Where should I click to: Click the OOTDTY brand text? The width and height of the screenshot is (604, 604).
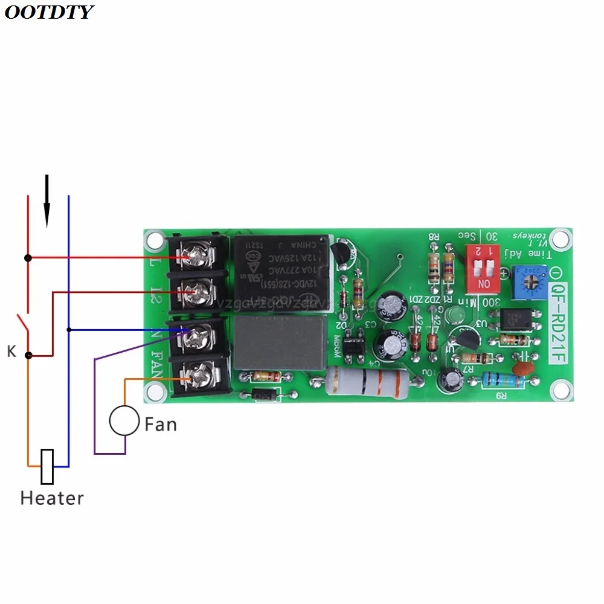click(48, 12)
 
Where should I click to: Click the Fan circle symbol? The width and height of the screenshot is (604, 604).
click(124, 421)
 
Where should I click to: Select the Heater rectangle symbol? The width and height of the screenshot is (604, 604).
click(47, 466)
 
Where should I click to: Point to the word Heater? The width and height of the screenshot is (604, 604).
click(52, 498)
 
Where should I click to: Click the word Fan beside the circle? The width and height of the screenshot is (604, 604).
click(161, 424)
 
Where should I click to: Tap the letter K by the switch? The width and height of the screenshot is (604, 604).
click(11, 352)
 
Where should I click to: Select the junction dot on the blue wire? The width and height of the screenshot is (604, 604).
click(69, 330)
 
